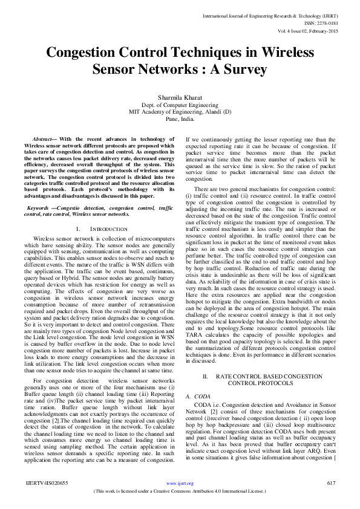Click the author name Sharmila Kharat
[180, 96]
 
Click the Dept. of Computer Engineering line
[180, 105]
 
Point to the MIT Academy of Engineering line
[180, 112]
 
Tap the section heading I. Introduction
[102, 229]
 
